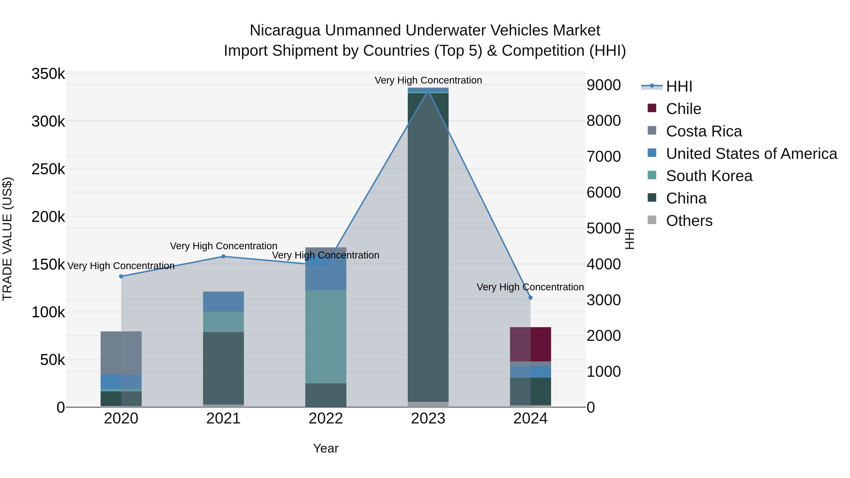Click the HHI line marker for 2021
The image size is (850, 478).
[223, 256]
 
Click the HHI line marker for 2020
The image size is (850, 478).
[121, 276]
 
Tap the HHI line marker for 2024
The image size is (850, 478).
[531, 298]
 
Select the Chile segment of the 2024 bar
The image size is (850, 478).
[531, 344]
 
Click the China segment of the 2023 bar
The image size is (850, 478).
[428, 247]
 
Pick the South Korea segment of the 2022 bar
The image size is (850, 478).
[326, 336]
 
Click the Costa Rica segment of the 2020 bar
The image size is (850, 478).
[121, 353]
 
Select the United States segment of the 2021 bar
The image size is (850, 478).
[223, 301]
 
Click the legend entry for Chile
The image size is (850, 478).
[683, 109]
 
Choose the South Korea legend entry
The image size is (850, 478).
[709, 176]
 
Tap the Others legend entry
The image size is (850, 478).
[689, 221]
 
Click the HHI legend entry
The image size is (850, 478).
[679, 86]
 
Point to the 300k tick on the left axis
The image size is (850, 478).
[48, 121]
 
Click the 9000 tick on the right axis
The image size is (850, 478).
[603, 85]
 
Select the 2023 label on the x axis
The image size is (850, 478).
[428, 419]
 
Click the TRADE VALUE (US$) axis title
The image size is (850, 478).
[7, 239]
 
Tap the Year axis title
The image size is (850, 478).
[326, 448]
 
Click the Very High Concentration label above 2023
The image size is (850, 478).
[428, 80]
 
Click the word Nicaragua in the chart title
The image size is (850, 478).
[285, 30]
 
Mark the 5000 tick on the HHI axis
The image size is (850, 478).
[603, 228]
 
